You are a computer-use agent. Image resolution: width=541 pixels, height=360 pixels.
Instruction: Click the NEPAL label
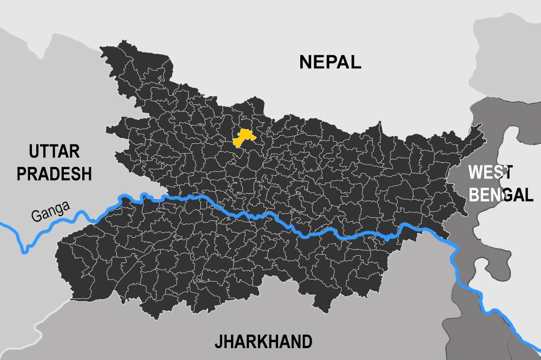pyautogui.click(x=330, y=62)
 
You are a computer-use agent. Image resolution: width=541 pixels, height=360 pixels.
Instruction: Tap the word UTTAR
pyautogui.click(x=54, y=151)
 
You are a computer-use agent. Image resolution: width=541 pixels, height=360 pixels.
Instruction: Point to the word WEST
pyautogui.click(x=490, y=172)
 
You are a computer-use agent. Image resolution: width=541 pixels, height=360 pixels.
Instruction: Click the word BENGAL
pyautogui.click(x=500, y=195)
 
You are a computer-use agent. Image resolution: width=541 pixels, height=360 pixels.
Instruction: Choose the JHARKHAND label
pyautogui.click(x=263, y=342)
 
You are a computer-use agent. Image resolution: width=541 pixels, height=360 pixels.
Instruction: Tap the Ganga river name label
pyautogui.click(x=50, y=211)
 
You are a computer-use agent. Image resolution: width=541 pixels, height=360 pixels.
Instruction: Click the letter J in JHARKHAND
pyautogui.click(x=218, y=342)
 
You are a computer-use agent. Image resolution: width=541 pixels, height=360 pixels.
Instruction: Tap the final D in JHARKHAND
pyautogui.click(x=306, y=342)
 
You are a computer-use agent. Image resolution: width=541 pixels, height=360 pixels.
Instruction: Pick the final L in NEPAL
pyautogui.click(x=355, y=62)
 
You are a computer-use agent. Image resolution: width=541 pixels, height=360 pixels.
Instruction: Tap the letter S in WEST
pyautogui.click(x=496, y=172)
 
